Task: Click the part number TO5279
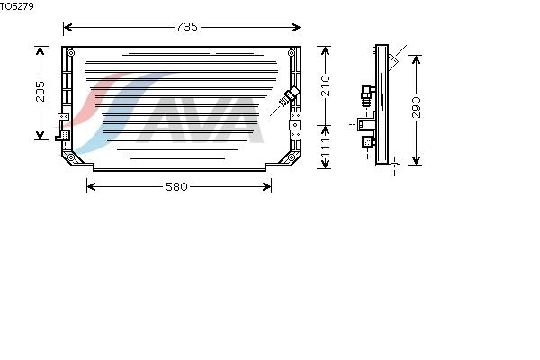coord(16,6)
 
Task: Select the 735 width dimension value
coord(187,27)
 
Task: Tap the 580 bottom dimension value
coord(176,186)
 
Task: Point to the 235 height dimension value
coord(40,92)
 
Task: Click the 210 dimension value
coord(326,85)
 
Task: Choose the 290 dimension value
coord(417,107)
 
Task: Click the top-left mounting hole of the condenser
coord(71,53)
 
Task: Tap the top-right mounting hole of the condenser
coord(292,53)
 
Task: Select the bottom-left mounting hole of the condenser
coord(71,157)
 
